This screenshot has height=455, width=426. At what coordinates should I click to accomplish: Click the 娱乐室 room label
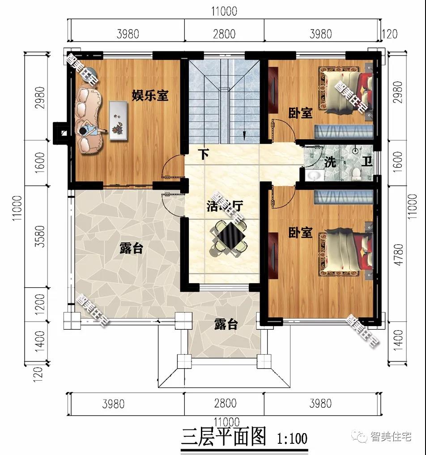149,95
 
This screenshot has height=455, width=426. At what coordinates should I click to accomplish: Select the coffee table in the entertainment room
117,120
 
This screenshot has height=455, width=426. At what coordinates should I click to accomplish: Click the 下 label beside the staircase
204,155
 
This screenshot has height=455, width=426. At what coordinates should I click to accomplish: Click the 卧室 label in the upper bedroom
300,113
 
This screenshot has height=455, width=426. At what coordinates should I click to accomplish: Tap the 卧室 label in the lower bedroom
300,233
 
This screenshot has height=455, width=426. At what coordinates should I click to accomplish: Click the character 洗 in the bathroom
330,162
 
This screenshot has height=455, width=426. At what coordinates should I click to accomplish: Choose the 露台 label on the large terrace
131,248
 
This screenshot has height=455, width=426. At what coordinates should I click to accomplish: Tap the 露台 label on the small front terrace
226,324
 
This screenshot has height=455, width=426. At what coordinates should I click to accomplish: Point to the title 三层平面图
223,436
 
